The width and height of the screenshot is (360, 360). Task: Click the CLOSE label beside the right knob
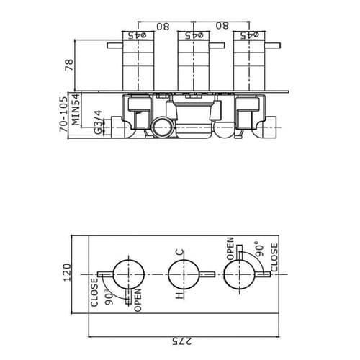tap(274, 258)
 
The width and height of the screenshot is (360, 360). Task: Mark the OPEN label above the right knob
tap(230, 249)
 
